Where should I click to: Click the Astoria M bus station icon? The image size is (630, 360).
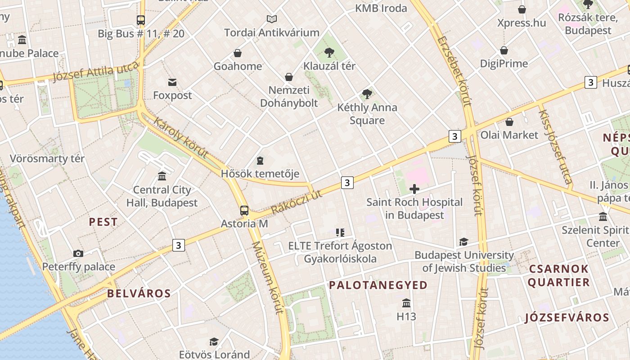click(x=244, y=210)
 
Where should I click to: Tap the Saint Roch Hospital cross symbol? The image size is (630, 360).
click(x=414, y=189)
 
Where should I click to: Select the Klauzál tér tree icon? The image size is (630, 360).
click(x=329, y=53)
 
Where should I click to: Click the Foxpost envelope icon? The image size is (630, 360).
click(x=172, y=82)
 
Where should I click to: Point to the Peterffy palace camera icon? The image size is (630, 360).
click(x=78, y=253)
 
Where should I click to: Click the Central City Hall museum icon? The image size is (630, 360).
click(x=162, y=176)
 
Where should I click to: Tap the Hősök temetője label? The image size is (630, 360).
click(x=260, y=174)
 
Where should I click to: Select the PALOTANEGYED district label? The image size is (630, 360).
click(x=378, y=285)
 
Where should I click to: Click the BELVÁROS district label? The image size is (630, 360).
click(x=139, y=293)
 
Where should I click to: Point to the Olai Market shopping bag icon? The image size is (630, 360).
click(x=509, y=122)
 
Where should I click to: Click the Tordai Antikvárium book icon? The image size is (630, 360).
click(x=271, y=19)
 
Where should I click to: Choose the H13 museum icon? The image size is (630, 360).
click(x=406, y=303)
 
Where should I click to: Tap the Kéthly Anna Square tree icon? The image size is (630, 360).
click(x=367, y=94)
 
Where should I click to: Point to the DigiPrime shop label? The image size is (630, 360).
click(x=504, y=63)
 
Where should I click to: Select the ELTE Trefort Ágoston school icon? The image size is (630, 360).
click(x=340, y=233)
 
